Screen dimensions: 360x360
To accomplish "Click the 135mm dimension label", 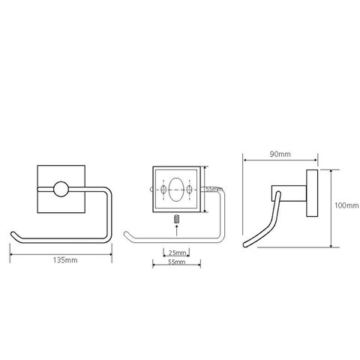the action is point(65,260).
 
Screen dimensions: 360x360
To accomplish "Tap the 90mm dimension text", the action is point(280,154).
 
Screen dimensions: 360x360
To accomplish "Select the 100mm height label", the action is point(346,205).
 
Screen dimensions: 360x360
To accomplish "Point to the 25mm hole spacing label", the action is point(177,253).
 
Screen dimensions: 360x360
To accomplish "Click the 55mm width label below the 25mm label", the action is point(176,262).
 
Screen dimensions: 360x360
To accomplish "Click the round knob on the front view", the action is point(61,189).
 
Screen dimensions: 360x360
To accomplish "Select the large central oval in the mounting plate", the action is point(176,189).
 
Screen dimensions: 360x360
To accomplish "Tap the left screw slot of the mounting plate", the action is point(163,189).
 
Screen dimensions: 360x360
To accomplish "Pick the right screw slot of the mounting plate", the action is point(190,189).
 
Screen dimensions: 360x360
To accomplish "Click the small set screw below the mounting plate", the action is point(176,219).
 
